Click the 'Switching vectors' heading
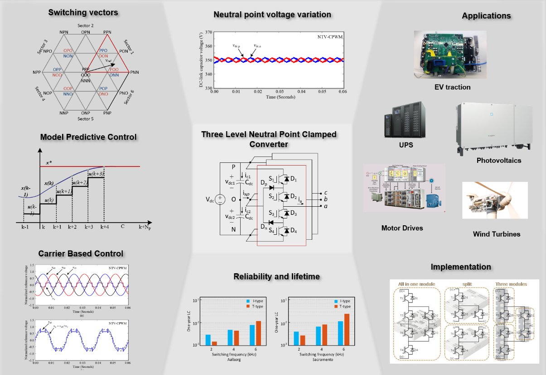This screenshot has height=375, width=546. click(83, 13)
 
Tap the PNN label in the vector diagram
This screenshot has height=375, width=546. click(134, 72)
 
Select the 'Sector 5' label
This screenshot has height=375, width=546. click(85, 119)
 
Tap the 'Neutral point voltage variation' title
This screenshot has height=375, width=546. click(272, 14)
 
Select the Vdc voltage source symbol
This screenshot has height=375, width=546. click(219, 199)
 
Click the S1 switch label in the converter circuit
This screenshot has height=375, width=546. click(271, 179)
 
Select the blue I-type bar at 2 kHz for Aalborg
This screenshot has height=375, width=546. click(208, 339)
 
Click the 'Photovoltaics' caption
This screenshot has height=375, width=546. click(498, 161)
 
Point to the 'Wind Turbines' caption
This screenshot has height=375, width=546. click(496, 234)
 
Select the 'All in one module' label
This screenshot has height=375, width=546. click(416, 284)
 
